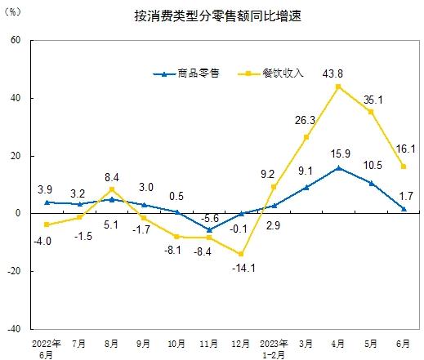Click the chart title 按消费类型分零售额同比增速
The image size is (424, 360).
click(218, 16)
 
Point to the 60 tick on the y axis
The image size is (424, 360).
click(16, 40)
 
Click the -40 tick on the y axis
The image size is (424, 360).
click(14, 329)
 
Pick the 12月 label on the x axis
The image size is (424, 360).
click(240, 344)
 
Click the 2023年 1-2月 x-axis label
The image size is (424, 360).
click(274, 349)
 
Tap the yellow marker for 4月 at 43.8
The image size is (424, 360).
click(338, 87)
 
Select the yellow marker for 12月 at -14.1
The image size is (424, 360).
click(241, 254)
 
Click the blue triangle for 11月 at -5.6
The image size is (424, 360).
click(209, 230)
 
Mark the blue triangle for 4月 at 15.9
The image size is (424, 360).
click(338, 168)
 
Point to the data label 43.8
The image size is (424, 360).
click(333, 73)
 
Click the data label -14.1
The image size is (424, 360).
click(243, 269)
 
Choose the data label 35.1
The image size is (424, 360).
click(373, 100)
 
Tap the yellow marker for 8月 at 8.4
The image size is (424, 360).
click(112, 189)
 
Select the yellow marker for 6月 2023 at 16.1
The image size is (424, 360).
click(404, 167)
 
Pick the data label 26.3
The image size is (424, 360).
click(305, 120)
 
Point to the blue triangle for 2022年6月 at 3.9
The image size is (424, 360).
click(47, 202)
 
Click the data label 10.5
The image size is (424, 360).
click(373, 165)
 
